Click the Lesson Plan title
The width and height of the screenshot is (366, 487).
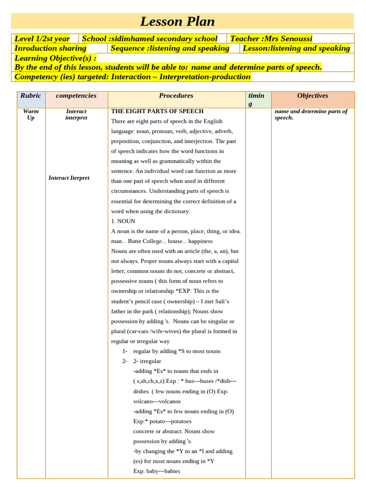tap(177, 21)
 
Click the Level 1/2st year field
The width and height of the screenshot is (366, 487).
tap(42, 39)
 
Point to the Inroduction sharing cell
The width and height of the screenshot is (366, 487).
tap(50, 48)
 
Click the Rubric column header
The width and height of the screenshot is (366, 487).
tap(30, 96)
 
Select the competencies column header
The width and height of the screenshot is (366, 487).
tap(76, 96)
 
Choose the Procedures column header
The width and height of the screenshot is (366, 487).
tap(176, 96)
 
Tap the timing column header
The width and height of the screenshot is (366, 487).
tap(256, 99)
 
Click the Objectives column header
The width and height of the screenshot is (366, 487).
tap(313, 96)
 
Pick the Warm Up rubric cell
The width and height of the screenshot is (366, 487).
tap(30, 114)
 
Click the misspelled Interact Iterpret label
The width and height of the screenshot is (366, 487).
tap(69, 178)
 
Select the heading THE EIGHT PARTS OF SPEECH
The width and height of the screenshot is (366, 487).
tap(157, 111)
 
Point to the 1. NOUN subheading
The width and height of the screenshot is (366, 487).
tap(123, 221)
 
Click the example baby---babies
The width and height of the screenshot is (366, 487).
tap(156, 471)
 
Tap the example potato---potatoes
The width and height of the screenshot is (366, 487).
tap(162, 421)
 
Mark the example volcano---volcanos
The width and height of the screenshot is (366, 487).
tap(157, 401)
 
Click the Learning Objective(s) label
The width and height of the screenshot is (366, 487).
tap(55, 58)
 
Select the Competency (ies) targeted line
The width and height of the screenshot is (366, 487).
tap(132, 77)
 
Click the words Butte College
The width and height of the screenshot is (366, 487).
tap(146, 241)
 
